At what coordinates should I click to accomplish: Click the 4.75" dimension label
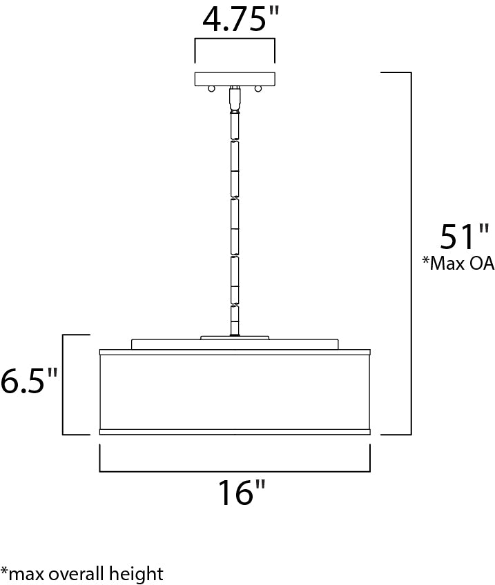(x=235, y=20)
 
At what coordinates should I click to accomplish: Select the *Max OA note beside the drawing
(x=458, y=264)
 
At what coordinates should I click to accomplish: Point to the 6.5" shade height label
(x=28, y=381)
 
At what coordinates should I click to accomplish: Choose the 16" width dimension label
(x=241, y=493)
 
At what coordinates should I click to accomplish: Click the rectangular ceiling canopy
(x=235, y=79)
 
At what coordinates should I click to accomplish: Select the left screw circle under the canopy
(x=212, y=88)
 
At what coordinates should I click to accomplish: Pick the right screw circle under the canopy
(x=258, y=88)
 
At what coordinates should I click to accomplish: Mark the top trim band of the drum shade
(x=235, y=352)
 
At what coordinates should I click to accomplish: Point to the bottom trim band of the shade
(x=235, y=432)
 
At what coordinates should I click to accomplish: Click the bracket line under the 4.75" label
(x=235, y=41)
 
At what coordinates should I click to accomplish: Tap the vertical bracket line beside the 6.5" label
(x=63, y=384)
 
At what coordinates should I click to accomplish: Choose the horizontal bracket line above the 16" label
(x=235, y=471)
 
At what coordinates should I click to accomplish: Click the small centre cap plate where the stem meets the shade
(x=235, y=337)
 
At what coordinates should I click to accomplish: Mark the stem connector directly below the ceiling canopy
(x=235, y=98)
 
